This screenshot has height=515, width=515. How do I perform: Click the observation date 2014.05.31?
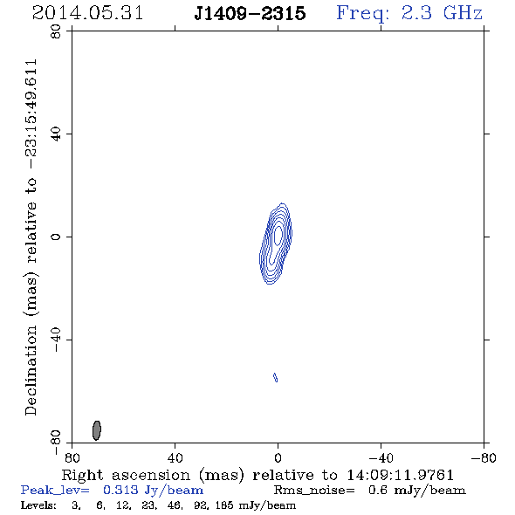click(87, 13)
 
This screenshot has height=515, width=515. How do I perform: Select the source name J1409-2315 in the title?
click(250, 13)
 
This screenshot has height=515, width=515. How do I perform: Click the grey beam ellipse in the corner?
click(97, 430)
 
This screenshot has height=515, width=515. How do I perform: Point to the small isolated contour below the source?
click(276, 377)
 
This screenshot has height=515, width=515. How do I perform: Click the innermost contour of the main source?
click(278, 235)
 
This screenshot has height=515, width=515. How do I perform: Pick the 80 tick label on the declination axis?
click(56, 31)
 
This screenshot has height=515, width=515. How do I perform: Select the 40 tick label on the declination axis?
click(56, 134)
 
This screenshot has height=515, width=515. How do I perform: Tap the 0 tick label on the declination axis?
click(56, 237)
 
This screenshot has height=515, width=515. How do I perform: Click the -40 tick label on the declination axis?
click(56, 340)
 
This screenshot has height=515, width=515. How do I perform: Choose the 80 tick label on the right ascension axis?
click(72, 457)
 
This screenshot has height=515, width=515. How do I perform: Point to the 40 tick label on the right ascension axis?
click(175, 457)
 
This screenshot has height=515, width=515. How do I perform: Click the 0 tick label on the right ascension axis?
click(278, 457)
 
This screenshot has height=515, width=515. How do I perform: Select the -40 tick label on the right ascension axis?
click(381, 457)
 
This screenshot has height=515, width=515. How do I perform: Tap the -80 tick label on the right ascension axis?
click(484, 457)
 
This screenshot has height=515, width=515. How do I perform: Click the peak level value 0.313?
click(120, 490)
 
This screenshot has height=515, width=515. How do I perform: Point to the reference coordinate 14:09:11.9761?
click(401, 475)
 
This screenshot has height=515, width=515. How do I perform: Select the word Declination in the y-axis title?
click(31, 371)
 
